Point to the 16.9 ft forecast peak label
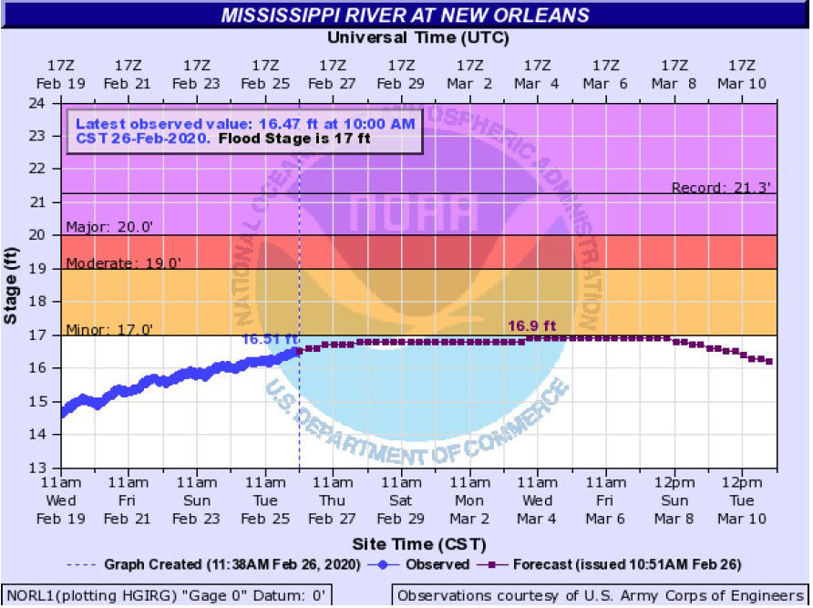point(532,325)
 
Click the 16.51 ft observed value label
point(264,338)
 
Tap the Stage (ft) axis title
point(12,285)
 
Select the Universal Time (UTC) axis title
point(417,37)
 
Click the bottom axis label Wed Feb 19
point(60,500)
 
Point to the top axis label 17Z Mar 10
point(743,74)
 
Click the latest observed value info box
point(244,132)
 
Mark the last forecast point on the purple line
point(770,362)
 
